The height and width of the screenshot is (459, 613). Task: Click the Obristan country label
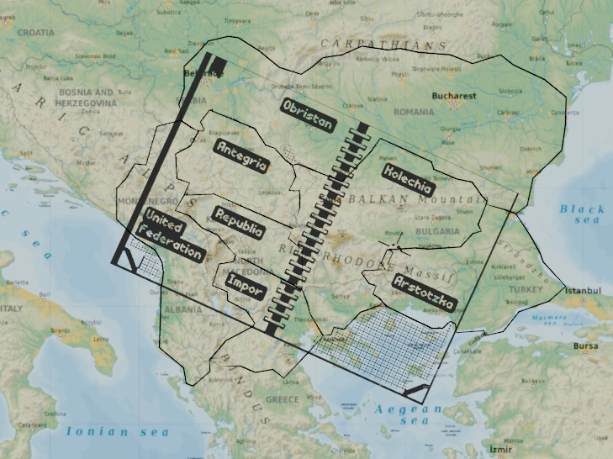(x=309, y=115)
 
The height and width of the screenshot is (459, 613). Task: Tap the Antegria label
(x=241, y=156)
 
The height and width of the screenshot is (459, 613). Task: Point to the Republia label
(x=238, y=221)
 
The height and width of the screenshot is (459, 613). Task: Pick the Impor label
(x=246, y=287)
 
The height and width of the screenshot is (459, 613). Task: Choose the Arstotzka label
(x=424, y=293)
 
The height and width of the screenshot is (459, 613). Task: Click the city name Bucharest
(x=454, y=96)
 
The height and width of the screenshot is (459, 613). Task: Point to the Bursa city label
(x=588, y=346)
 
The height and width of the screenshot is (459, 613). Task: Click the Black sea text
(x=582, y=214)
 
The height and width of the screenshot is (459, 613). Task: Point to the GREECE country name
(x=283, y=399)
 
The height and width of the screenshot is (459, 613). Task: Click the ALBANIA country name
(x=183, y=309)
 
